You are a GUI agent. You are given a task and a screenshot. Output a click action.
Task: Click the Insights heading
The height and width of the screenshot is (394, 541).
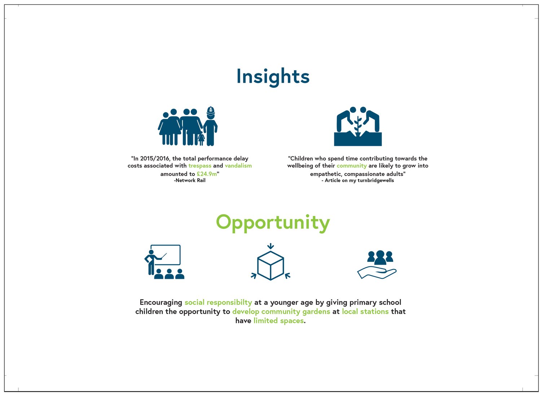pyautogui.click(x=273, y=77)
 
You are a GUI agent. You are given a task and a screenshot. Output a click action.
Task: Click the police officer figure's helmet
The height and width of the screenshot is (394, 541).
pyautogui.click(x=211, y=111)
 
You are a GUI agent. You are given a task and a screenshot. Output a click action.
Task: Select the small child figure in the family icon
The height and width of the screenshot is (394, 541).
pyautogui.click(x=201, y=139)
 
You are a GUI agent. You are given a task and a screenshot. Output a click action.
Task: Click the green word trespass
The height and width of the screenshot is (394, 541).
pyautogui.click(x=200, y=166)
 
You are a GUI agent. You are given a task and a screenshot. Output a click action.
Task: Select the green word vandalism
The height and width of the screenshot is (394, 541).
pyautogui.click(x=238, y=166)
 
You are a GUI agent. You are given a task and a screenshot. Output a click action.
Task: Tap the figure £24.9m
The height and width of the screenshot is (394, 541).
pyautogui.click(x=207, y=174)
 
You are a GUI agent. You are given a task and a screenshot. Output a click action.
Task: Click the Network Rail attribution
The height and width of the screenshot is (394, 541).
pyautogui.click(x=190, y=181)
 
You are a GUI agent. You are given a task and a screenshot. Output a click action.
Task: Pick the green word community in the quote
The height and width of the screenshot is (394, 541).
pyautogui.click(x=352, y=166)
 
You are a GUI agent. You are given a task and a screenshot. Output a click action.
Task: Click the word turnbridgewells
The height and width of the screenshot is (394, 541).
pyautogui.click(x=375, y=181)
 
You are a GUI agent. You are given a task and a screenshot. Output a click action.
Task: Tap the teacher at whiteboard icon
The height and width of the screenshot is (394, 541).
pyautogui.click(x=164, y=262)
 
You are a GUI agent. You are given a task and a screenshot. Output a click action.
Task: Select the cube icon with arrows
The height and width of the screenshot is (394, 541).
pyautogui.click(x=270, y=262)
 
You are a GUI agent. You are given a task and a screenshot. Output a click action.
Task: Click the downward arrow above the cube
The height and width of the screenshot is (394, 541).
pyautogui.click(x=270, y=246)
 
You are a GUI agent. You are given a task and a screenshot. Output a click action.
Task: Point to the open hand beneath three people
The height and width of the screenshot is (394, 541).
pyautogui.click(x=377, y=273)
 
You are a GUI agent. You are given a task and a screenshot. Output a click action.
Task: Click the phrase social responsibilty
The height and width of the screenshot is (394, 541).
pyautogui.click(x=218, y=303)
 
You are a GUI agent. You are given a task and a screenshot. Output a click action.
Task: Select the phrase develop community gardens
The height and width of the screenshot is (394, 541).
pyautogui.click(x=281, y=312)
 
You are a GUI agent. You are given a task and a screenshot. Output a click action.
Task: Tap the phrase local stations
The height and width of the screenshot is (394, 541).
pyautogui.click(x=365, y=312)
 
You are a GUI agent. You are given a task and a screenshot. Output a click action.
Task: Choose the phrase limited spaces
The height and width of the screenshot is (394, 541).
pyautogui.click(x=278, y=321)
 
